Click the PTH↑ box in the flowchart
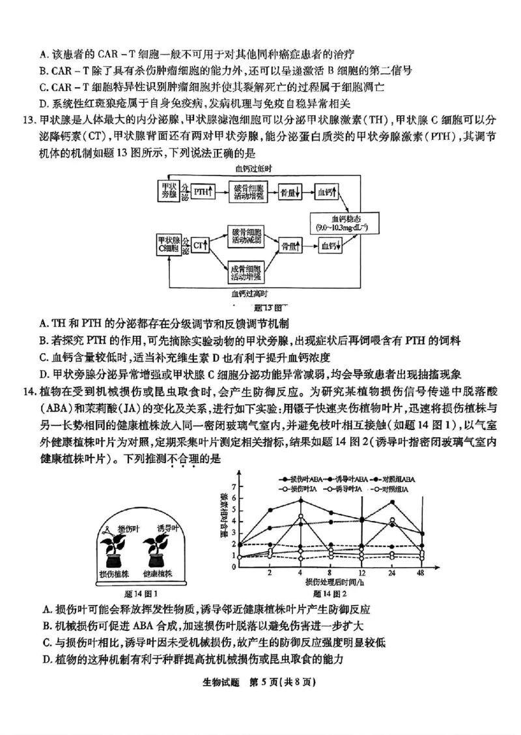[203, 193]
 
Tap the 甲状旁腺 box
[168, 193]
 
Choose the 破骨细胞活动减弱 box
[247, 236]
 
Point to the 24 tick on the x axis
[391, 573]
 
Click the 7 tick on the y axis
[242, 487]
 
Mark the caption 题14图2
[330, 594]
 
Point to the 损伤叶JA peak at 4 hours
[300, 516]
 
